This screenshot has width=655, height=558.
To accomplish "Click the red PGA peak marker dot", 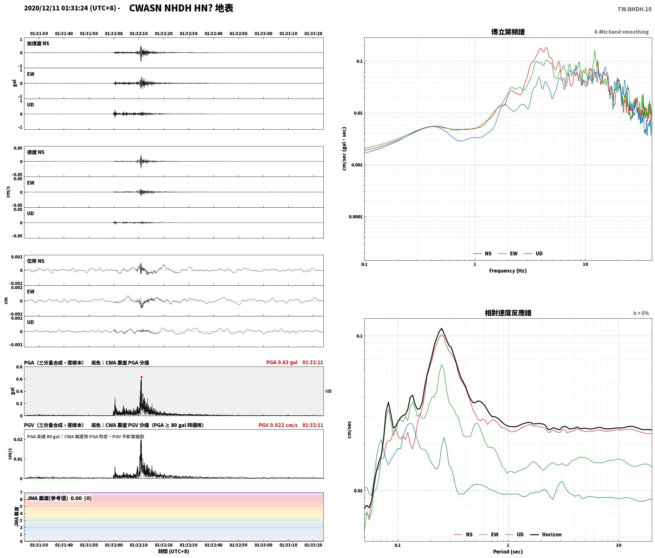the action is tap(141, 377).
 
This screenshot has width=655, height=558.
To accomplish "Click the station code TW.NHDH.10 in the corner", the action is tap(634, 9).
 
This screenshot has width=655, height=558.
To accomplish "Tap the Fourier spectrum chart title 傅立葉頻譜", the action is tap(508, 32).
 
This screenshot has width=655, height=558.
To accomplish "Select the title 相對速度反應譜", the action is tap(508, 313).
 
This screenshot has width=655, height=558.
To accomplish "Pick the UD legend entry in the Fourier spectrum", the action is tap(533, 253).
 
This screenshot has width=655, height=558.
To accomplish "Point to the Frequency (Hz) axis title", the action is tap(508, 270).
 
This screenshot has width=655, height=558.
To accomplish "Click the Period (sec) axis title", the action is tap(508, 551).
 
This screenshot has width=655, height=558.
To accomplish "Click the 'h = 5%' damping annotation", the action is tap(641, 313).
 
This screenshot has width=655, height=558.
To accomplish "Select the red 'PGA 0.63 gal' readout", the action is tap(282, 362).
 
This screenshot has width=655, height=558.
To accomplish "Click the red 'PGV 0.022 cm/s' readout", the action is tap(278, 425).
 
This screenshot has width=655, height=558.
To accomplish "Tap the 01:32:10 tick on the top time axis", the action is tap(139, 33).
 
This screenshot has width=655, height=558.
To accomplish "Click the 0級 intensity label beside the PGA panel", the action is tap(328, 391).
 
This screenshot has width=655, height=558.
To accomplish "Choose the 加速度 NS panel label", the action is tap(38, 43).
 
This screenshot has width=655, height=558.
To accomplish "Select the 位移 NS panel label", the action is tap(36, 261).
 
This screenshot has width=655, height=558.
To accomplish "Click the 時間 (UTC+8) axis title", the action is tap(174, 551).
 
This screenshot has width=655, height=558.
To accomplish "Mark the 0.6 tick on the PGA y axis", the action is tap(19, 379).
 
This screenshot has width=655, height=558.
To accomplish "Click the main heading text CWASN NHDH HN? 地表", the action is tap(181, 8).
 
